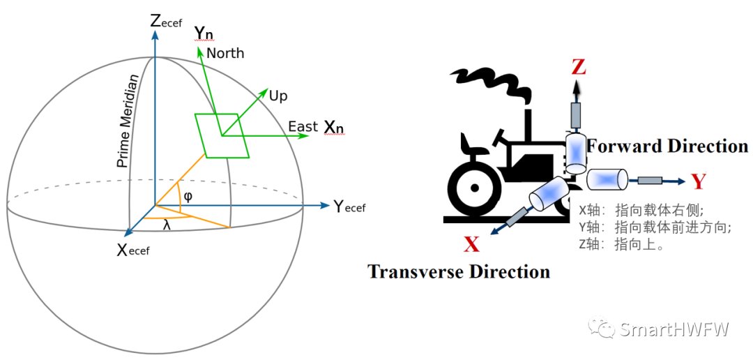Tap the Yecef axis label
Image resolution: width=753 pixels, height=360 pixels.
pyautogui.click(x=349, y=207)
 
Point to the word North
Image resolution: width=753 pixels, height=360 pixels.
pyautogui.click(x=225, y=53)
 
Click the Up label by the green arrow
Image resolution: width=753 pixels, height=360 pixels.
pyautogui.click(x=278, y=96)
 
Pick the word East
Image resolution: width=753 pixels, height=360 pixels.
pyautogui.click(x=303, y=126)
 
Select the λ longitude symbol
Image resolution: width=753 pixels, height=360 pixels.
pyautogui.click(x=167, y=224)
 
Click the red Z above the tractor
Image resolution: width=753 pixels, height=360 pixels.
pyautogui.click(x=579, y=68)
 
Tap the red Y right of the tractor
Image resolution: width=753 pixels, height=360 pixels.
pyautogui.click(x=699, y=181)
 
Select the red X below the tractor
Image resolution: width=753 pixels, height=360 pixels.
pyautogui.click(x=472, y=245)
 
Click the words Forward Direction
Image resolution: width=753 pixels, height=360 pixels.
pyautogui.click(x=667, y=146)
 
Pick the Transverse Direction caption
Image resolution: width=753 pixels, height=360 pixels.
pyautogui.click(x=459, y=271)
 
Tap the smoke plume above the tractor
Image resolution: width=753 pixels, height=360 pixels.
pyautogui.click(x=491, y=84)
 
